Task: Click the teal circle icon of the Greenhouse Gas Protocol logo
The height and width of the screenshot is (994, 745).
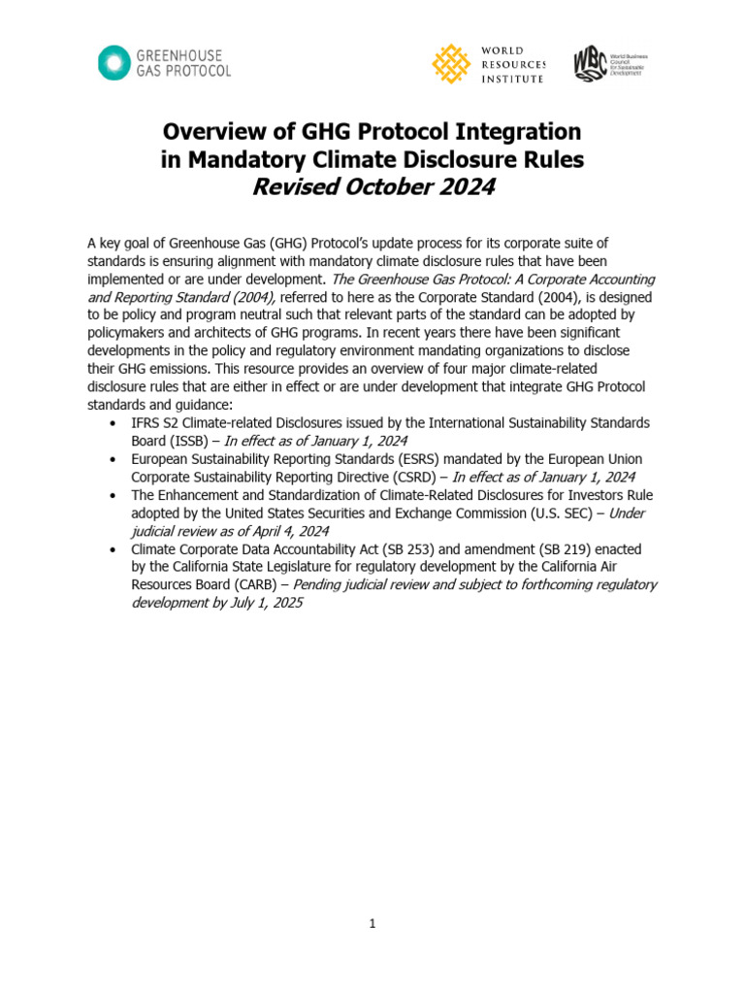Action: [x=114, y=62]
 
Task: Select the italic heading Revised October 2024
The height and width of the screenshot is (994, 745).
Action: [x=372, y=187]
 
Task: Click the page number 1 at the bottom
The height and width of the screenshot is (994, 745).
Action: [x=372, y=924]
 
